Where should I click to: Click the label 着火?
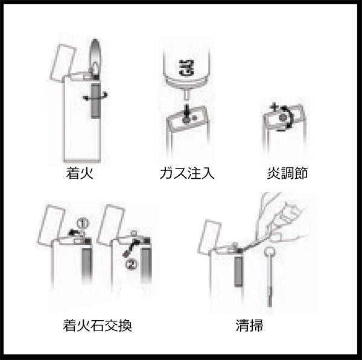point(80,173)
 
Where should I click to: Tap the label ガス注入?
point(187,173)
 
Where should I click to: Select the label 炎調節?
point(287,173)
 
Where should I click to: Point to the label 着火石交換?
point(97,326)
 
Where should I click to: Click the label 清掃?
point(249,326)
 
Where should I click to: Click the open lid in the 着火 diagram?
point(63,62)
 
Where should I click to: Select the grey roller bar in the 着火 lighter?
point(95,100)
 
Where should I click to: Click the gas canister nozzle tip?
point(186,95)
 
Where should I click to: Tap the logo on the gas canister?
point(186,68)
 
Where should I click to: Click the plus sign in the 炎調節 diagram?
point(275,107)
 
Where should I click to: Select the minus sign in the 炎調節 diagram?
point(281,130)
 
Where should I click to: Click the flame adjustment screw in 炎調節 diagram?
point(282,118)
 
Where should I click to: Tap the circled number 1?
point(83,223)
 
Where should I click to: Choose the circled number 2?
point(131,264)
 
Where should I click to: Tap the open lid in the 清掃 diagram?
point(209,236)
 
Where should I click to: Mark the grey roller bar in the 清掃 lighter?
point(238,271)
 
